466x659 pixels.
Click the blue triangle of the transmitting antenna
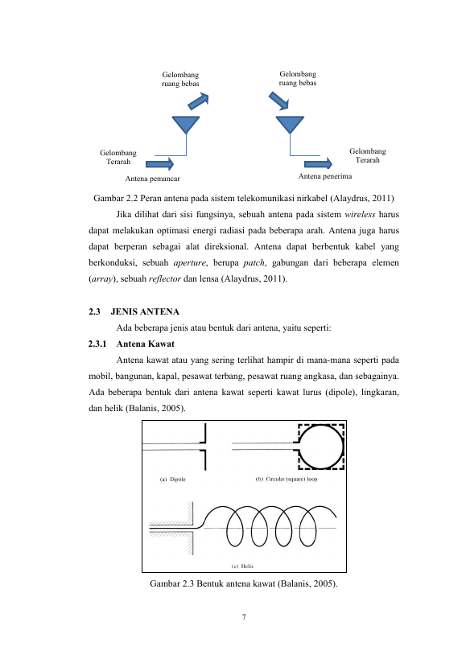pyautogui.click(x=186, y=124)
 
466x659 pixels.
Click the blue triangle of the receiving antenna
pyautogui.click(x=290, y=124)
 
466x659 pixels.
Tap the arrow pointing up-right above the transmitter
pyautogui.click(x=198, y=101)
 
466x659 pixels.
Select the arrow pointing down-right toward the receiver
pyautogui.click(x=278, y=101)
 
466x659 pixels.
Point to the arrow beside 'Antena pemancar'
pyautogui.click(x=159, y=164)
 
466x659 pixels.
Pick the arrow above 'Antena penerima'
pyautogui.click(x=318, y=163)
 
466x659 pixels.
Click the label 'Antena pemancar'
pyautogui.click(x=153, y=179)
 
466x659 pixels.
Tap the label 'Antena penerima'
pyautogui.click(x=325, y=176)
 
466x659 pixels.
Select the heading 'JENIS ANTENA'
pyautogui.click(x=145, y=311)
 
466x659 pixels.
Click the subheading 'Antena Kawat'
pyautogui.click(x=146, y=344)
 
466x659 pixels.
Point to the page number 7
pyautogui.click(x=244, y=617)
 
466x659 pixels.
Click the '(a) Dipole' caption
pyautogui.click(x=173, y=479)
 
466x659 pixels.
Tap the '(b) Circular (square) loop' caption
pyautogui.click(x=287, y=479)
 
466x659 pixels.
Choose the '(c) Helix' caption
pyautogui.click(x=243, y=566)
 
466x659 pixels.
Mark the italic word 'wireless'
pyautogui.click(x=360, y=214)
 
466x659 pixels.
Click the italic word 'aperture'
pyautogui.click(x=189, y=263)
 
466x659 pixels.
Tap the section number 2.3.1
pyautogui.click(x=97, y=344)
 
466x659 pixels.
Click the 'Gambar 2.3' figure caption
pyautogui.click(x=244, y=584)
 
